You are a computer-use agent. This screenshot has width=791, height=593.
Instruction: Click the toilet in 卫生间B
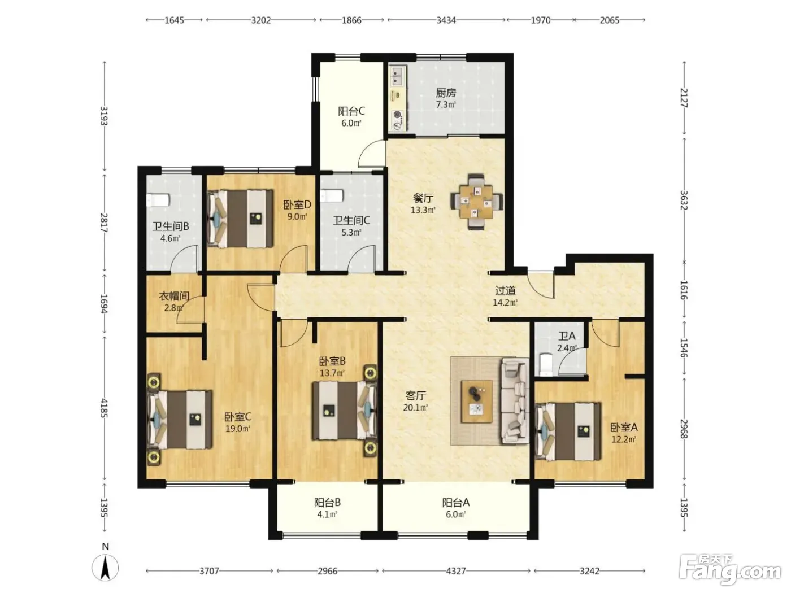[158, 200]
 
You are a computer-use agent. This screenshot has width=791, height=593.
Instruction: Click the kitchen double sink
[398, 76]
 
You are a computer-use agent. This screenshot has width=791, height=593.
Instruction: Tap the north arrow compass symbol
[105, 566]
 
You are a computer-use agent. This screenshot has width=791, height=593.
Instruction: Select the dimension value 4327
[456, 570]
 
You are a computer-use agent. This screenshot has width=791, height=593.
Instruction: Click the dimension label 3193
[104, 116]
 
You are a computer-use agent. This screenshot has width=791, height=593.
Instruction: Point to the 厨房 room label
[446, 93]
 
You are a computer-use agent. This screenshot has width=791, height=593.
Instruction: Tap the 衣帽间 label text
[174, 296]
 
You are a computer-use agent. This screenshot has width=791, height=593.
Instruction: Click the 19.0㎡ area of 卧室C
[238, 429]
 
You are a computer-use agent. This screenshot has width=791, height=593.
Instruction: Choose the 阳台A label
[456, 502]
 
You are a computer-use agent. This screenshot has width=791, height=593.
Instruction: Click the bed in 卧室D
[240, 219]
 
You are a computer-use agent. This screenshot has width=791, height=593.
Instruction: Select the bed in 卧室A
[568, 431]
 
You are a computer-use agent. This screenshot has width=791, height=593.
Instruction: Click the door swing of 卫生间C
[362, 258]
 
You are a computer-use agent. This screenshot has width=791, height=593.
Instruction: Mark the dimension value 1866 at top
[351, 20]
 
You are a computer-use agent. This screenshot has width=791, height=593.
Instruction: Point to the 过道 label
[505, 290]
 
